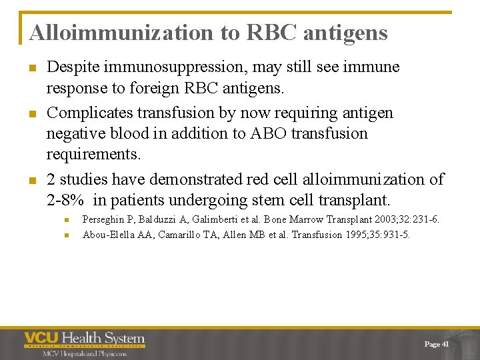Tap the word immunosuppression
(x=175, y=67)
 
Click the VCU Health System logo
(x=85, y=340)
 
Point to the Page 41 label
(x=436, y=344)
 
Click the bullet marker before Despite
(x=32, y=68)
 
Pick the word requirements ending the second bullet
(x=93, y=155)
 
